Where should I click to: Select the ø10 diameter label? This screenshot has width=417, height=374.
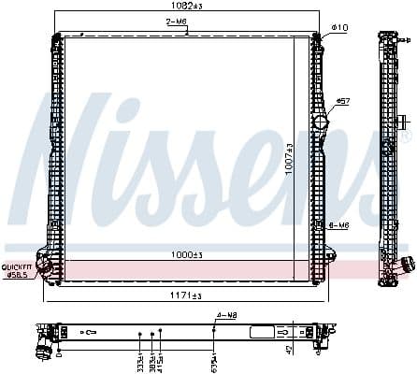pos(339,28)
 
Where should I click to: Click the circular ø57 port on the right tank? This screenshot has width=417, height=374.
pos(322,122)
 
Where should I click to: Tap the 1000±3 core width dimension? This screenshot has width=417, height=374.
pos(186,254)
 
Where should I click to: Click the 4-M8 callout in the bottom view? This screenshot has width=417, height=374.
pos(226,315)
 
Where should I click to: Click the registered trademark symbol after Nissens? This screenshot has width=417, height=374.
pos(405,137)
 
